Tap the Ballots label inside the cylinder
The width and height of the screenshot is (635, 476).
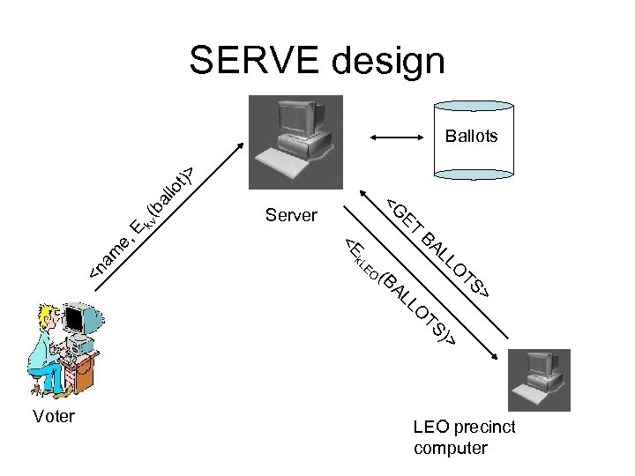tap(471, 136)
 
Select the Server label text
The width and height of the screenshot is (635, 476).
tap(291, 214)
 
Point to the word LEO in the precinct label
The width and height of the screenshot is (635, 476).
tap(430, 428)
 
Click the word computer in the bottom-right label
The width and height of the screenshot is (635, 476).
tap(449, 448)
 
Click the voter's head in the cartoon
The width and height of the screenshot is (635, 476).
tap(47, 320)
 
